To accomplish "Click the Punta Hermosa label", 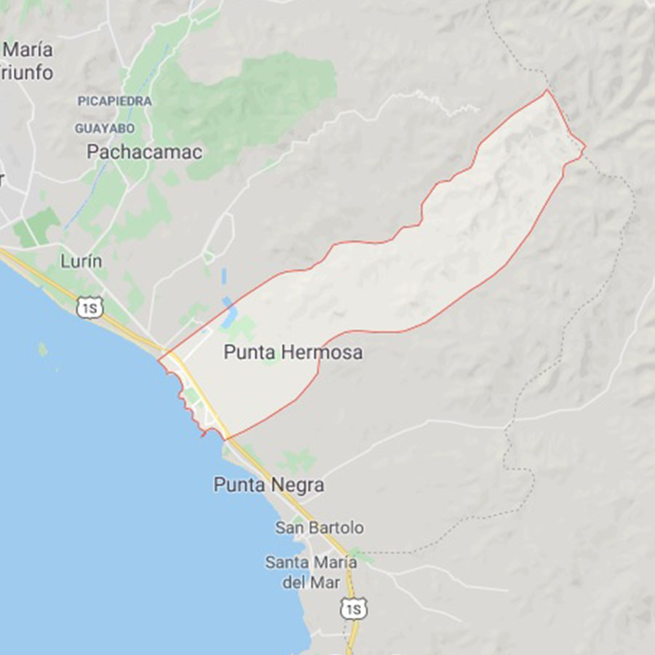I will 293,353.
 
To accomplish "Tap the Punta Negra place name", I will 269,485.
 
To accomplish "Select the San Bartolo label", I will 319,528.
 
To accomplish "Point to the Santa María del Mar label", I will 311,572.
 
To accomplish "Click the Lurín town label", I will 81,261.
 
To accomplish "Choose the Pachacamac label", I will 144,152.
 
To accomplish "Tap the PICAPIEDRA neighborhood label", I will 115,101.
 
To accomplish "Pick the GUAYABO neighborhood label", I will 105,128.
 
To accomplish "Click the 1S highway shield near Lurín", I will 90,308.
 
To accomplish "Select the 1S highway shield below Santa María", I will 354,608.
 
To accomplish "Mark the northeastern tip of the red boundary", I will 547,91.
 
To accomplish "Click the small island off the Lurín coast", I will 43,350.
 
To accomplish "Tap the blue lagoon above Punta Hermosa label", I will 230,313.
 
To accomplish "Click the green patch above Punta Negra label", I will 297,461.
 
